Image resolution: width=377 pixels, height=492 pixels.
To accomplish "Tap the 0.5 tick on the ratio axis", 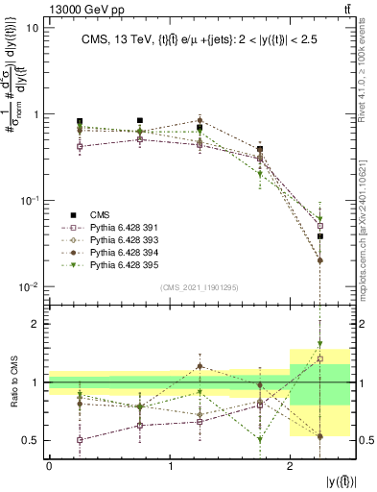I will (x=30, y=441).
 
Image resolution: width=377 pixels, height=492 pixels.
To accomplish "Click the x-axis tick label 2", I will (x=291, y=465).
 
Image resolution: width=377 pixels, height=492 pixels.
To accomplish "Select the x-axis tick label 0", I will (x=49, y=465).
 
